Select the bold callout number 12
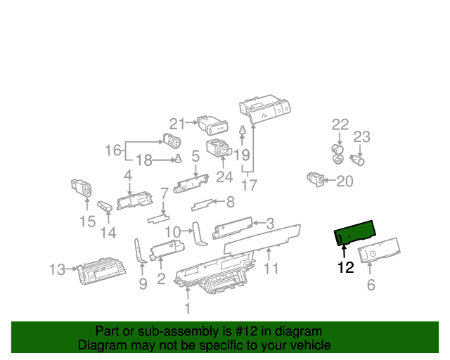pos(345,267)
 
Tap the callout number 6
pos(371,285)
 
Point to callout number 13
pos(56,269)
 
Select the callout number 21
pos(176,124)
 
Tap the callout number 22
pos(340,125)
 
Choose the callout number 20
pos(345,181)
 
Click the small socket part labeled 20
pos(316,179)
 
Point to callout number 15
pos(86,222)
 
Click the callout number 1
pos(187,308)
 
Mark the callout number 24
pos(224,178)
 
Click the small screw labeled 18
pos(180,159)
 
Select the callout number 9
pos(143,285)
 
